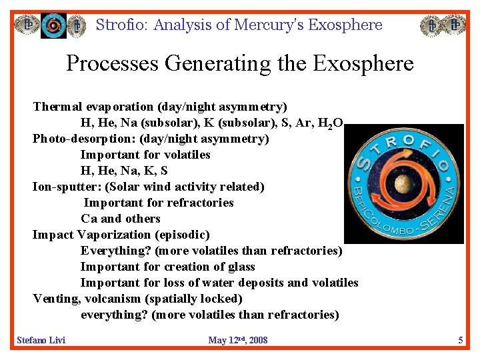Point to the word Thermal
(x=59, y=107)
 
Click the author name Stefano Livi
(x=41, y=340)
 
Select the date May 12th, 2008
(x=237, y=340)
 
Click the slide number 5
(x=460, y=340)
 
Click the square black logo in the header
(x=53, y=25)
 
